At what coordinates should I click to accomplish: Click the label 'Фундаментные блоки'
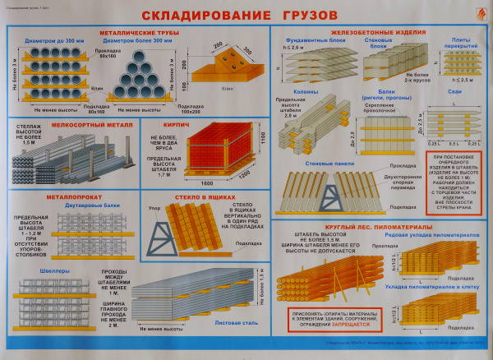[x=306, y=39]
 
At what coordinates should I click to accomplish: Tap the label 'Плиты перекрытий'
[x=459, y=43]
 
